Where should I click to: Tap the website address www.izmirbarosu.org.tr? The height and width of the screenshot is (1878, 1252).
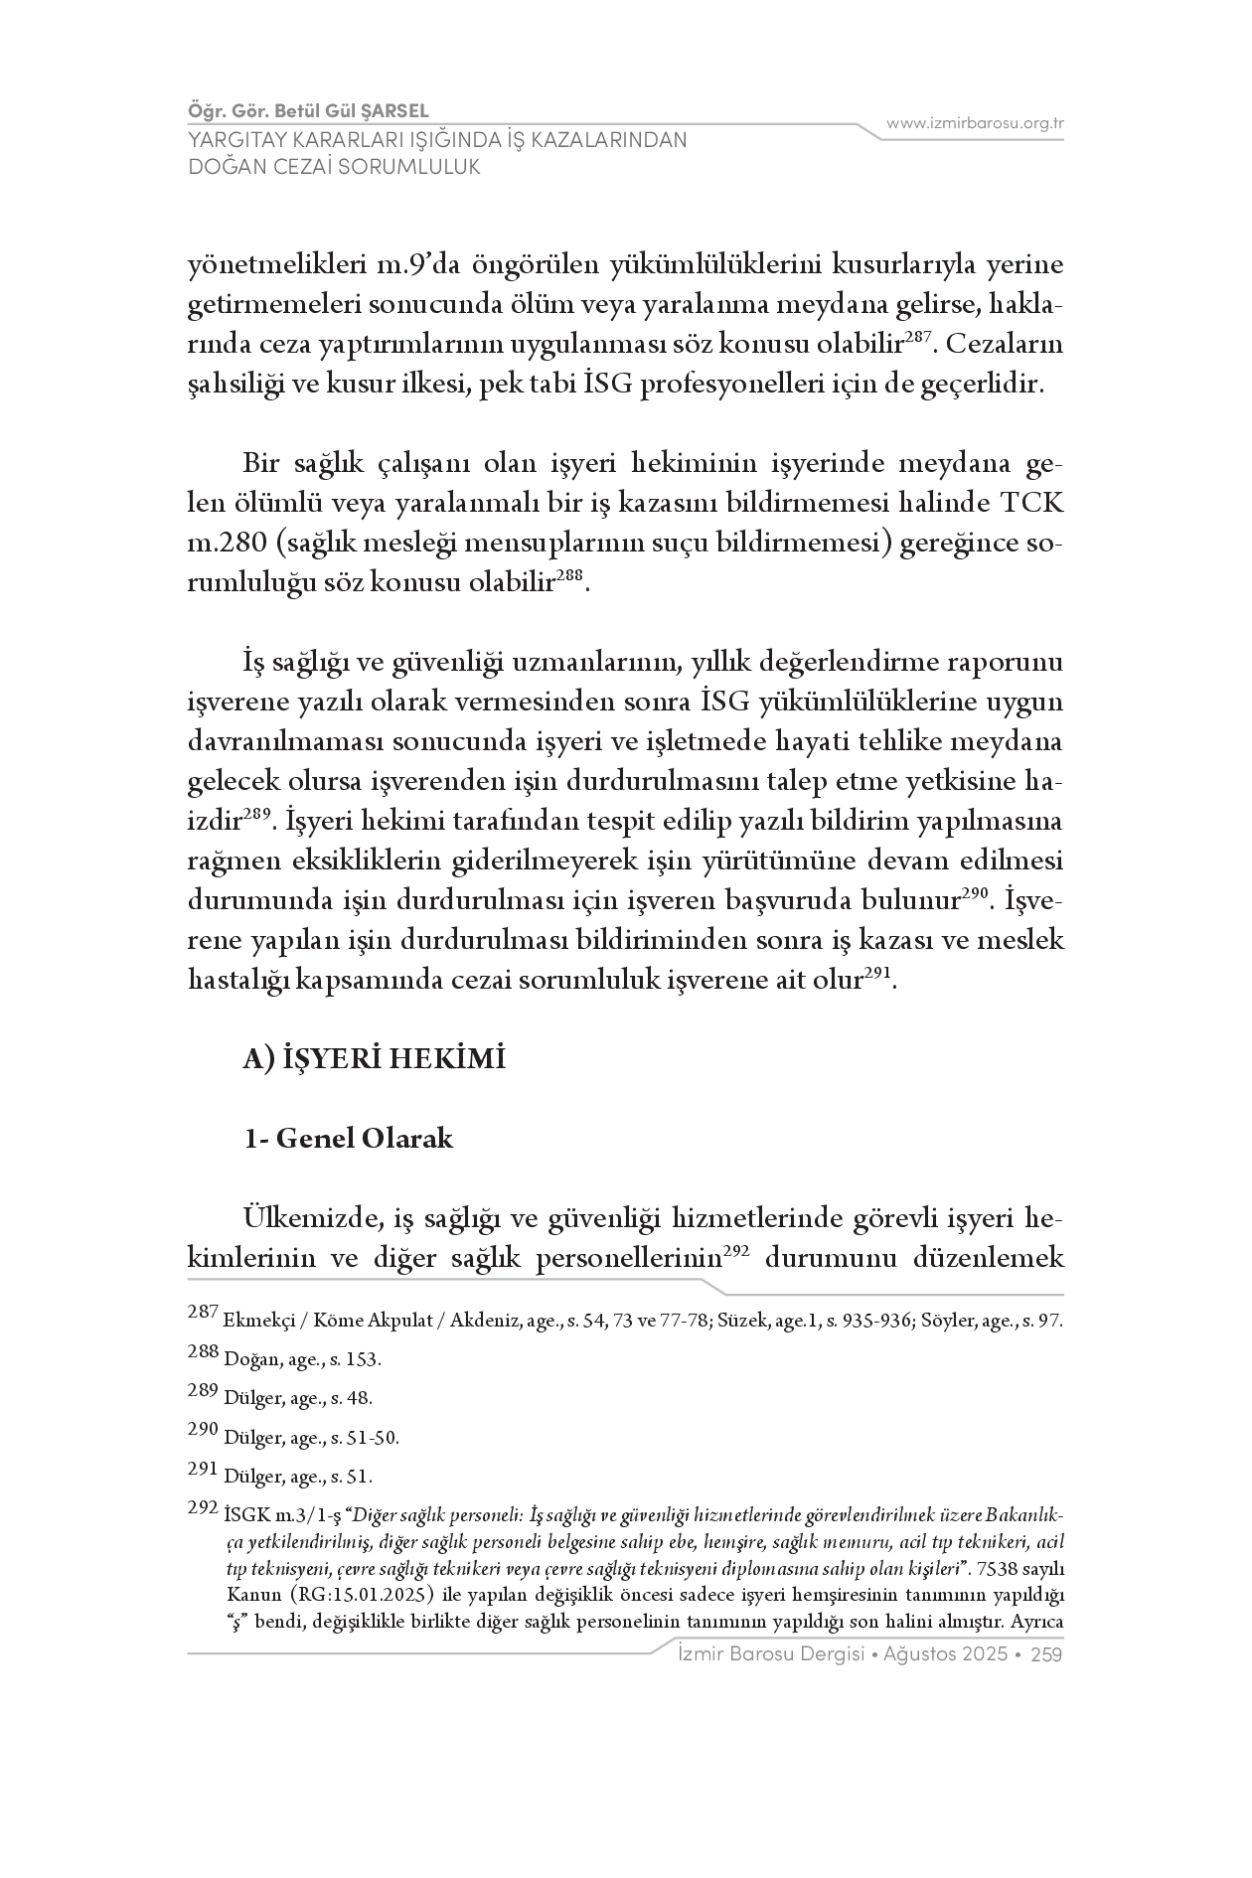pyautogui.click(x=975, y=123)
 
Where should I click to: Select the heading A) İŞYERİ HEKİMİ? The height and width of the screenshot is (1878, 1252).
pyautogui.click(x=376, y=1059)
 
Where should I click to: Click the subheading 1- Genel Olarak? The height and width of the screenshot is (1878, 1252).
pyautogui.click(x=349, y=1138)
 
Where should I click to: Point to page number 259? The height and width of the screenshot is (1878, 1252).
pyautogui.click(x=1047, y=1654)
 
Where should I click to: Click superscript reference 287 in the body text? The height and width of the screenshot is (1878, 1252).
pyautogui.click(x=917, y=338)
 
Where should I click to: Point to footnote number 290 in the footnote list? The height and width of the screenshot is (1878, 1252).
pyautogui.click(x=203, y=1429)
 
